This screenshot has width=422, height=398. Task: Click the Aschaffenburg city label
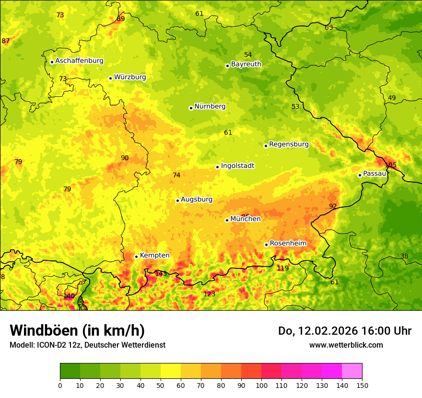79,61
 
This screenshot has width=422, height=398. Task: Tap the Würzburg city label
130,77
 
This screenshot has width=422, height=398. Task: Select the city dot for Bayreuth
227,66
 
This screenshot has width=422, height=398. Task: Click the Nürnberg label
210,106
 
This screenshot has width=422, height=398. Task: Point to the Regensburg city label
289,144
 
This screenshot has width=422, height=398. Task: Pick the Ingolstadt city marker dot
217,167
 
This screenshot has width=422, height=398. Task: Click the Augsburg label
197,199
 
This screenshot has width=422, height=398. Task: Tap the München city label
246,219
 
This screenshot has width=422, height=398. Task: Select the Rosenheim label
288,244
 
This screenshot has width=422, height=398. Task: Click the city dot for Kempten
136,257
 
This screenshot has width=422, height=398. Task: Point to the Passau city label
375,174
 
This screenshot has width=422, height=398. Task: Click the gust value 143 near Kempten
161,274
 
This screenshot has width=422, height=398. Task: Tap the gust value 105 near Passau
390,165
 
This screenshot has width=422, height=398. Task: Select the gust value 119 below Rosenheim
283,269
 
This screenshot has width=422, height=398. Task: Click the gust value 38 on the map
404,257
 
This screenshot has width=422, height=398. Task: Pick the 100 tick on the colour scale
261,385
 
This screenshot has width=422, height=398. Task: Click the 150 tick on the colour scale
362,385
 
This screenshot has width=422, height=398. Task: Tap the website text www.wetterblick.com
346,345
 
